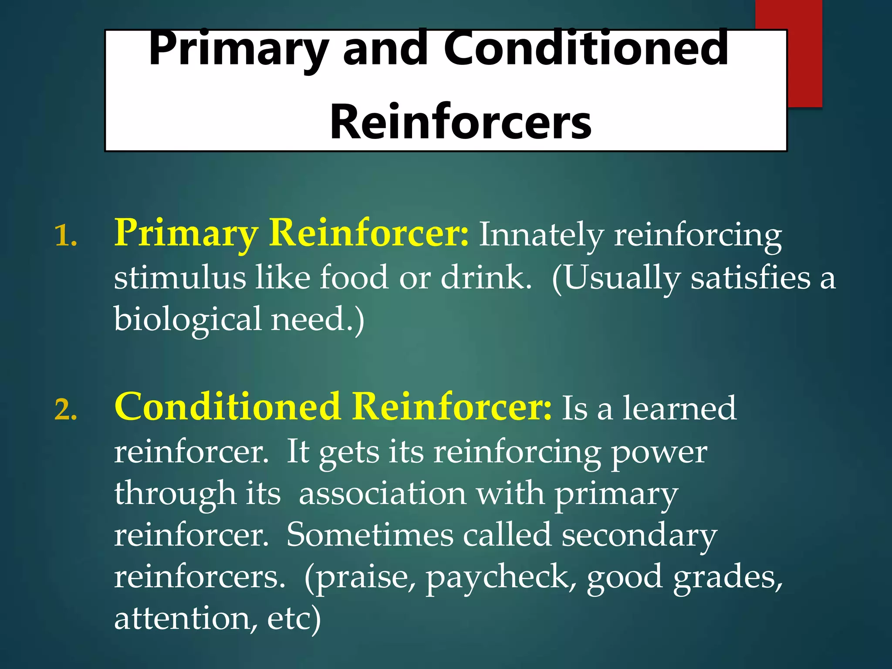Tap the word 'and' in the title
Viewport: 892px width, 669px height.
pos(385,49)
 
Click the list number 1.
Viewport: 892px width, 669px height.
pos(65,237)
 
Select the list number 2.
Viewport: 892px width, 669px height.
pos(65,410)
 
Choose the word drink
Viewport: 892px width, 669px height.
pos(486,277)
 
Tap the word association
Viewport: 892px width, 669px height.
pos(382,494)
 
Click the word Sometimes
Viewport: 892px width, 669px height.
pos(370,535)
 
